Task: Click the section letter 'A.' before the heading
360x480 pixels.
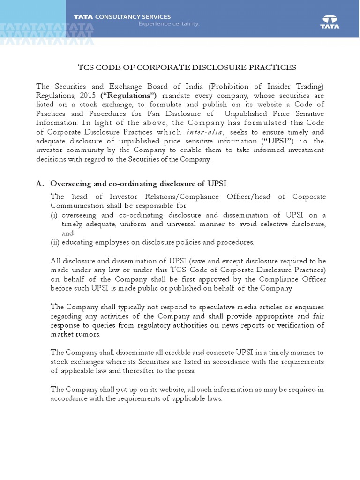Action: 40,183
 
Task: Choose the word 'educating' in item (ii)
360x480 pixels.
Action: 77,242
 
